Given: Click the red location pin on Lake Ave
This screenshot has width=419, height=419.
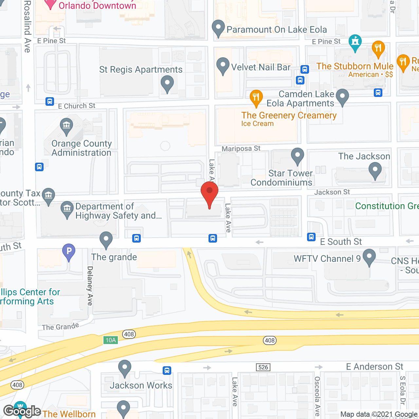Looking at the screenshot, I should click(209, 193).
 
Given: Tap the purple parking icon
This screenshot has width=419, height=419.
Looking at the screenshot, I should click(69, 252).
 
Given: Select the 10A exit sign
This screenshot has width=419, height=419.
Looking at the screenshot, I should click(111, 340).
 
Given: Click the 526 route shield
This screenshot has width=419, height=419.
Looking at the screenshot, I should click(263, 367).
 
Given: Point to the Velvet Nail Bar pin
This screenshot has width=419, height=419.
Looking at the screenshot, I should click(223, 65).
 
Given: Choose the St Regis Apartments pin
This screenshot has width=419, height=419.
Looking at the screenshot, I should click(167, 83).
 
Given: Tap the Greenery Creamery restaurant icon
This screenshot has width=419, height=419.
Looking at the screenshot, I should click(256, 98).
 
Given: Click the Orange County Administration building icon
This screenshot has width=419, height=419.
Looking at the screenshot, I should click(66, 126).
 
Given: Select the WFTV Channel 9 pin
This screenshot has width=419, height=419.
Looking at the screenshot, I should click(369, 257).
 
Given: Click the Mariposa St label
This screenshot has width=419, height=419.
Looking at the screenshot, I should click(241, 149).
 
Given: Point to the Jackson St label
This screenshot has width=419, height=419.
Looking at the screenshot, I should click(332, 192).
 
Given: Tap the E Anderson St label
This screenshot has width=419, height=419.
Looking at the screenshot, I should click(374, 367).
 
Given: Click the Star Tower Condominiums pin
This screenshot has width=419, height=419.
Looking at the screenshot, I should click(298, 156).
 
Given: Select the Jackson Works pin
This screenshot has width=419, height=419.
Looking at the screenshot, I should click(125, 368).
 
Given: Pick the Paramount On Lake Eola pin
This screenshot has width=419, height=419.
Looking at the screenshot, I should click(218, 28).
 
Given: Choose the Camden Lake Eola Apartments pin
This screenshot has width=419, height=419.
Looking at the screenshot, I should click(342, 97).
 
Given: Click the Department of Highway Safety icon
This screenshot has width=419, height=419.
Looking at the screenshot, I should click(67, 209).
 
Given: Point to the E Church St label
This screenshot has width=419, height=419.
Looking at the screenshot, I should click(77, 106).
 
